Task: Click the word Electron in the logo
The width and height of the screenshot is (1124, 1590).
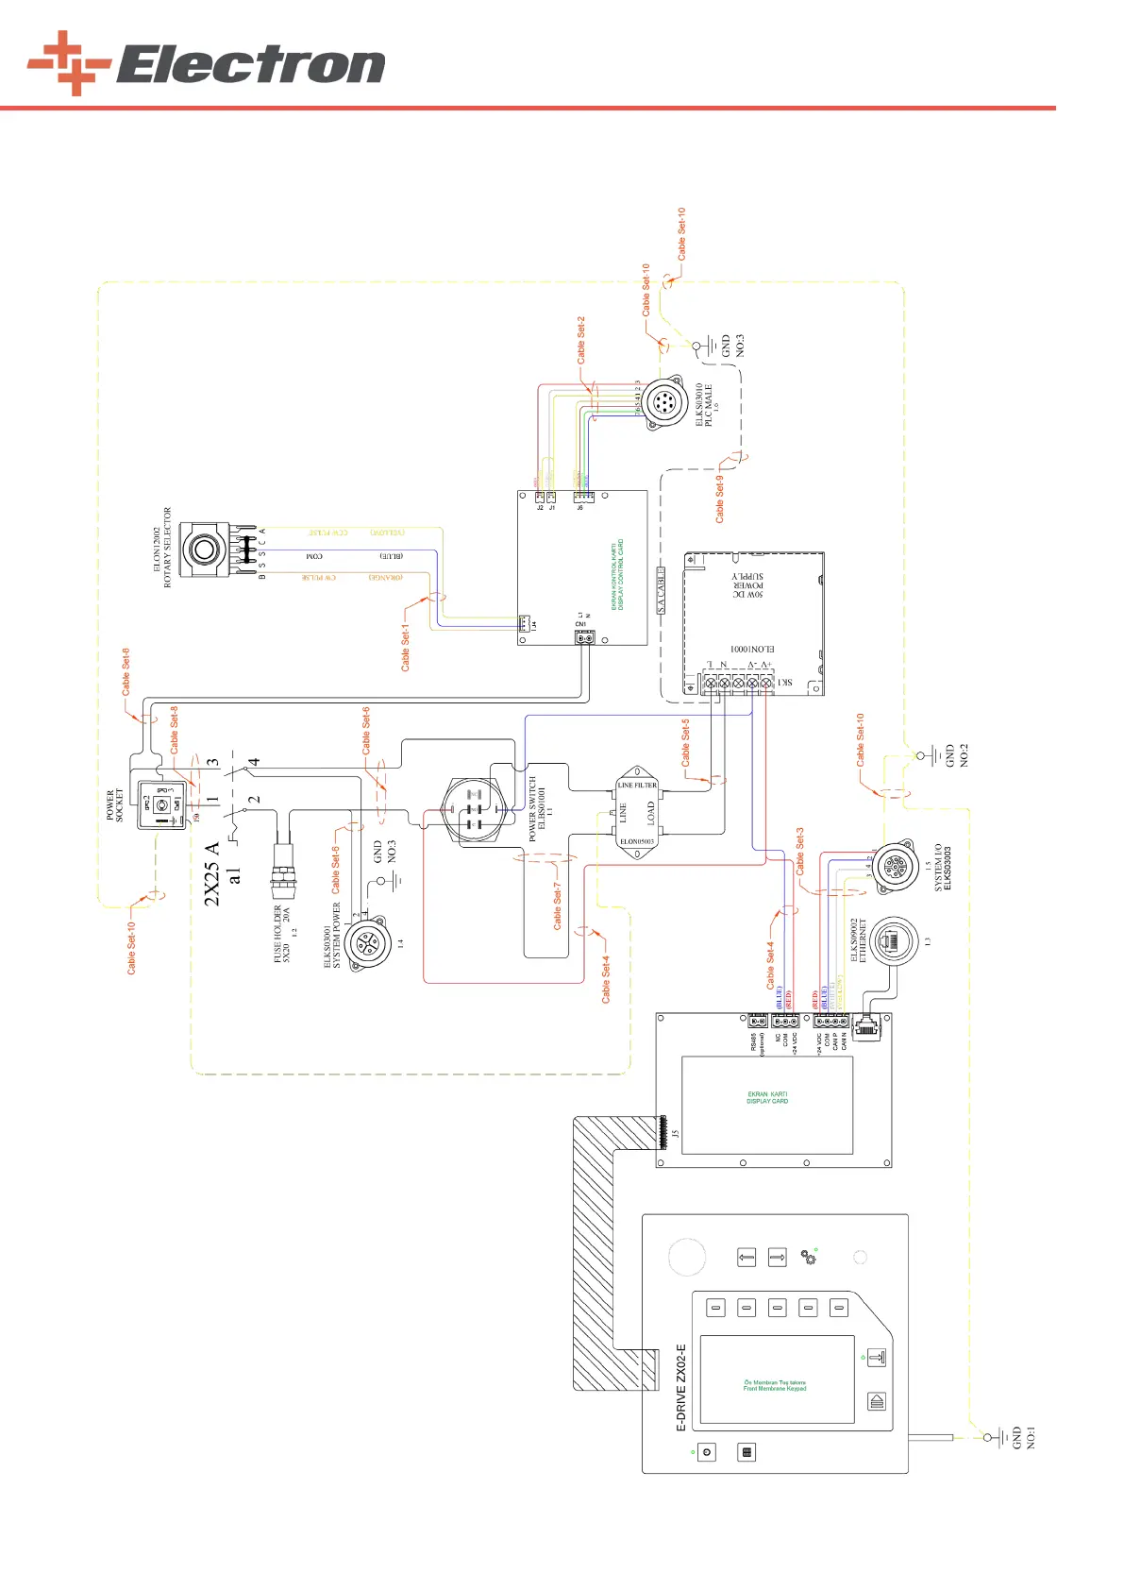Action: point(251,65)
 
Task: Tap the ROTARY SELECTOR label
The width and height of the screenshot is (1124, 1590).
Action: point(168,548)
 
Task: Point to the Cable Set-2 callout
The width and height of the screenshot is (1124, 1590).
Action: point(581,340)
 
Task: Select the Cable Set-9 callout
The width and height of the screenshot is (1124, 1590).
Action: point(720,499)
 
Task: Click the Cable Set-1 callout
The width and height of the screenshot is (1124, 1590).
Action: point(406,647)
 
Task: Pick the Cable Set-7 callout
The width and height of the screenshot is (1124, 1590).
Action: point(557,906)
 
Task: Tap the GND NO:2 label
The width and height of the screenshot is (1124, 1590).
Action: point(957,755)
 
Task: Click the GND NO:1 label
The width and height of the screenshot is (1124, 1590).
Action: point(1024,1438)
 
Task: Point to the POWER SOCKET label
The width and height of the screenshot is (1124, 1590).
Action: point(114,805)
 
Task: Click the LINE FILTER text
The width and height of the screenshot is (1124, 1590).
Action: point(637,785)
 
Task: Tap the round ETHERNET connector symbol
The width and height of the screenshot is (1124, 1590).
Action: point(893,940)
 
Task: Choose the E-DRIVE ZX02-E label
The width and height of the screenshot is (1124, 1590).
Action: point(681,1388)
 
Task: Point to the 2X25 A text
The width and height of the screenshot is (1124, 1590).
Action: point(212,873)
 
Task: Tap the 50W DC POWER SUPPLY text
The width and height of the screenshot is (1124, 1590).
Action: point(748,585)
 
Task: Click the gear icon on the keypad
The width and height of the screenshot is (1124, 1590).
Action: point(808,1257)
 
